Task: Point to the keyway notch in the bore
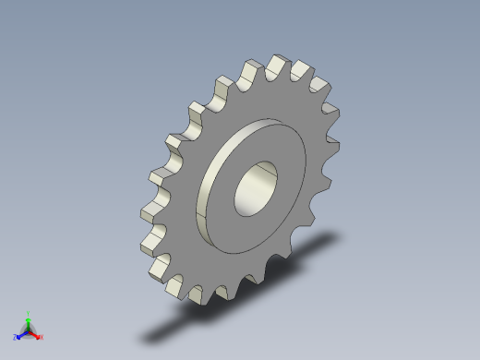click(x=268, y=169)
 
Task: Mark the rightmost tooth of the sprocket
click(x=337, y=115)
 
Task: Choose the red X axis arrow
click(x=36, y=334)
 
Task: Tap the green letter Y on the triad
click(x=29, y=313)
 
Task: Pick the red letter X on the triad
click(x=42, y=337)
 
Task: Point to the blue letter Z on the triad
click(x=17, y=338)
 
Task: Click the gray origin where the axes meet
click(x=29, y=330)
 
